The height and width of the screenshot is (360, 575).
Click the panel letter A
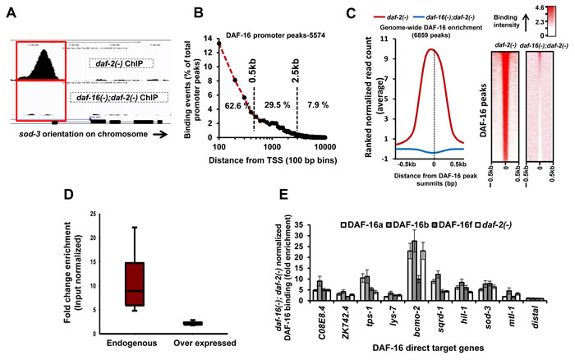pos(13,11)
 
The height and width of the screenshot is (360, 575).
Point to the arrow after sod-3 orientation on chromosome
pos(165,130)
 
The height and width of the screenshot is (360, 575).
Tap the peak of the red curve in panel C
pos(434,48)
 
